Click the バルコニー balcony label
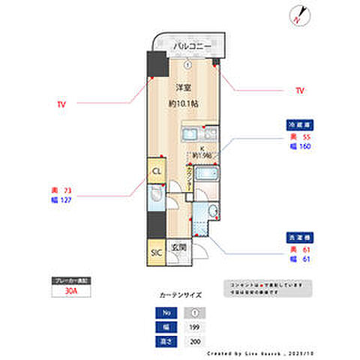187,47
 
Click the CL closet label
157,171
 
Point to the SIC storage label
157,252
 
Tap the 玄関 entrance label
178,247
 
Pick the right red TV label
300,91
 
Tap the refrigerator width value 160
306,146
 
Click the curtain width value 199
195,328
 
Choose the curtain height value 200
195,341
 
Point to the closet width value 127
65,200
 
